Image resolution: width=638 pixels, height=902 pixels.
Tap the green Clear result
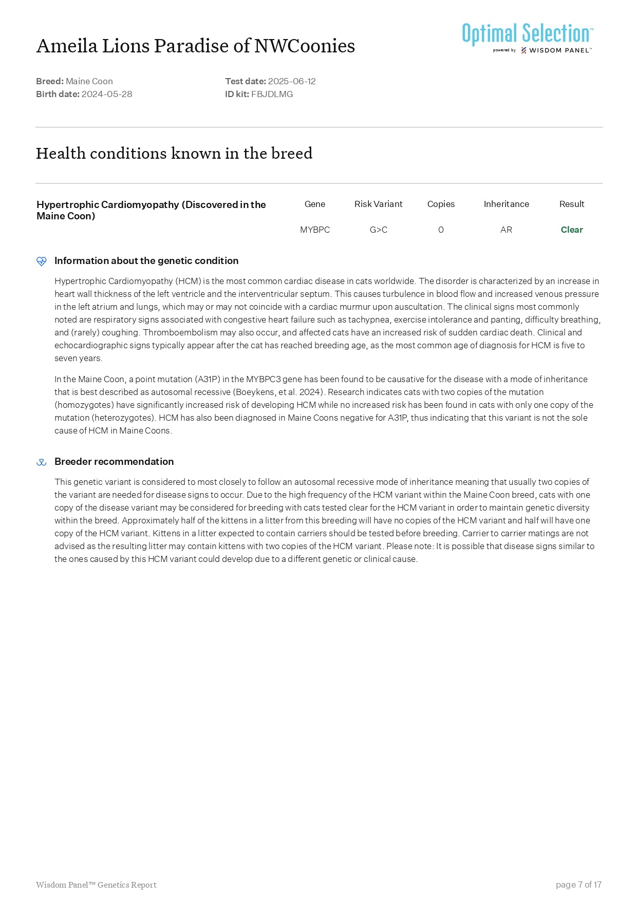click(x=571, y=230)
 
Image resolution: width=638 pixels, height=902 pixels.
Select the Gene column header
click(x=314, y=204)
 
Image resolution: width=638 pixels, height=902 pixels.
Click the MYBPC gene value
click(x=314, y=230)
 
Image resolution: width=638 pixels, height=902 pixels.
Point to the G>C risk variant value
click(x=378, y=230)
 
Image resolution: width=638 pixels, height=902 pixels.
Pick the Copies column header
click(x=441, y=204)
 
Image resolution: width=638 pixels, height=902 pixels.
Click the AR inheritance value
click(x=506, y=230)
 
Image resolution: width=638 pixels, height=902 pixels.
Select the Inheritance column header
click(x=506, y=204)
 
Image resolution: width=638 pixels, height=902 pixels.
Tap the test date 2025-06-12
click(x=292, y=81)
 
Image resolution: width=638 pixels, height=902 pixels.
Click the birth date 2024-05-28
click(x=107, y=94)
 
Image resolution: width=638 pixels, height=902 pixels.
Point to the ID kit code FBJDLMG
click(x=272, y=94)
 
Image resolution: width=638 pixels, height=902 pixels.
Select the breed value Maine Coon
click(x=89, y=81)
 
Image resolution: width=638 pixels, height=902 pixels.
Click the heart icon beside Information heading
click(x=42, y=261)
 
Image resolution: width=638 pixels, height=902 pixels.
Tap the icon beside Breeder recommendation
click(x=42, y=462)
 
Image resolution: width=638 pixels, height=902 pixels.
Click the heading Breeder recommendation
click(x=114, y=461)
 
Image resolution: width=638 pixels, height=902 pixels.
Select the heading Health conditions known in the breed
click(x=174, y=153)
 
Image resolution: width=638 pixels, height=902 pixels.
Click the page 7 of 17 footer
click(x=578, y=885)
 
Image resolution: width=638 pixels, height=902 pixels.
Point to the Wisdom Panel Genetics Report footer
click(x=96, y=885)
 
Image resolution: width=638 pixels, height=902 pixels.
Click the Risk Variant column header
click(x=378, y=204)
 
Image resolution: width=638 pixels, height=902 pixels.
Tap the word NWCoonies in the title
click(x=305, y=46)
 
